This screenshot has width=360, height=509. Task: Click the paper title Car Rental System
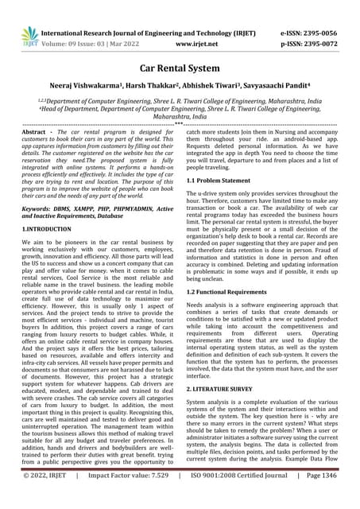[x=180, y=69]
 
